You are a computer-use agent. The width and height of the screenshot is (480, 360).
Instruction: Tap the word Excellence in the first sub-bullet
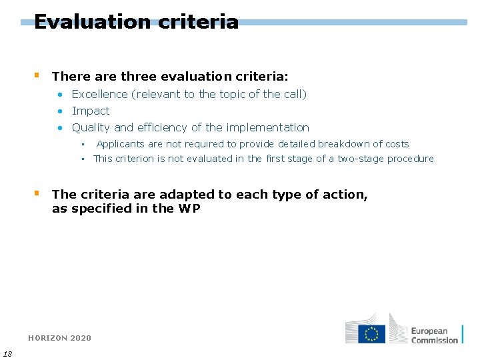99,94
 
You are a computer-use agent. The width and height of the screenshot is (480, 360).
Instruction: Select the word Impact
91,111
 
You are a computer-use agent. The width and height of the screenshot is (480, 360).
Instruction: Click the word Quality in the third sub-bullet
91,127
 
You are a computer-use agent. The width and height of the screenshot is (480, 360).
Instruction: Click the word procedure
413,159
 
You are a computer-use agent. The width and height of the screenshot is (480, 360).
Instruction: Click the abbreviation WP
189,208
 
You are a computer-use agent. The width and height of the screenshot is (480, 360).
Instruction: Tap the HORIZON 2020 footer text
60,338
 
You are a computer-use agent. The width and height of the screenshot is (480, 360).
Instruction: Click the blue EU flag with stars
371,333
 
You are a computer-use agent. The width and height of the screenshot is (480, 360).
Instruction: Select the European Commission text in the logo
435,335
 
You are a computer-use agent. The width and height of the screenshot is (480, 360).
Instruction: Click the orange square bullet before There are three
37,75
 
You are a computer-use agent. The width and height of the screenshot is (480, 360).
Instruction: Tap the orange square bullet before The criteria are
37,193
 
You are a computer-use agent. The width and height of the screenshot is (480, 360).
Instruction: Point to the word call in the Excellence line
294,94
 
